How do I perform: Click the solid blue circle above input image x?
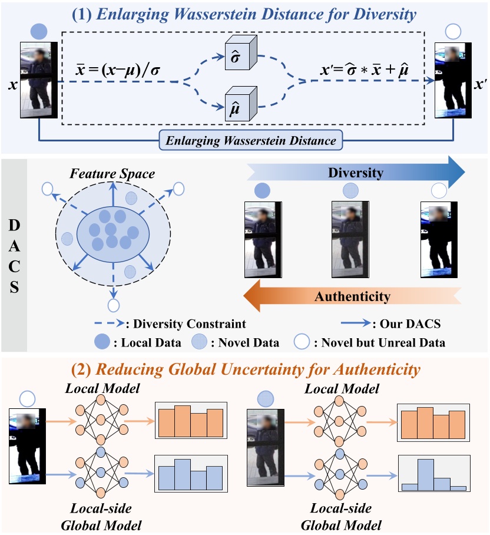(x=37, y=31)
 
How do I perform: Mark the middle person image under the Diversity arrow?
(x=350, y=238)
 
